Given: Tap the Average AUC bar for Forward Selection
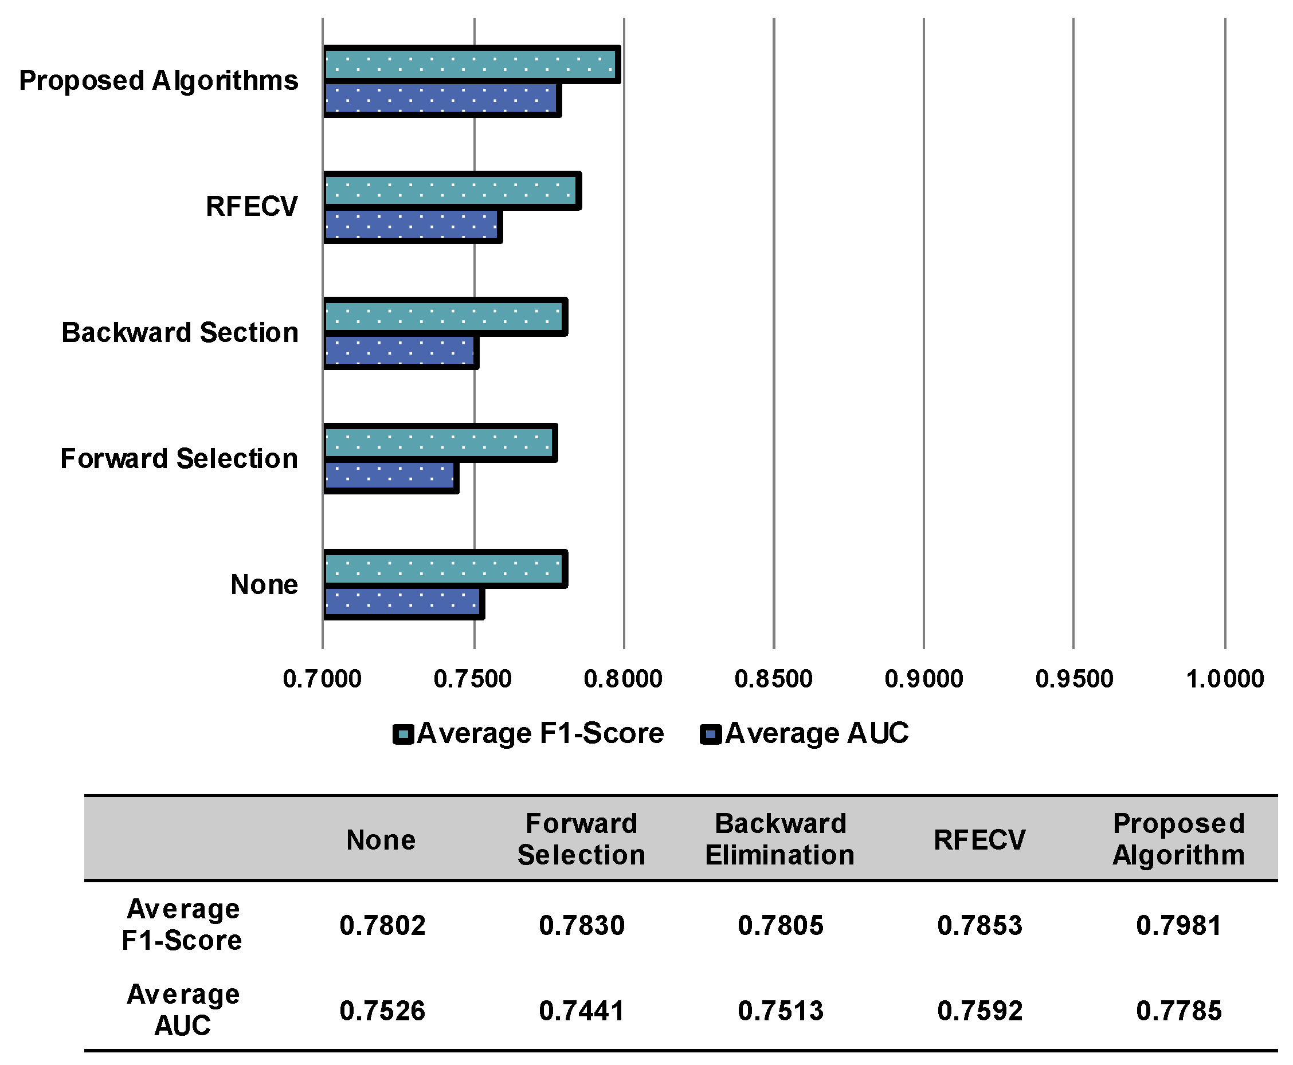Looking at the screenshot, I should click(390, 476).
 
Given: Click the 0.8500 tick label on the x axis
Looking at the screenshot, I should click(773, 679).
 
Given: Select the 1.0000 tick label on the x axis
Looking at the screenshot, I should click(1224, 679).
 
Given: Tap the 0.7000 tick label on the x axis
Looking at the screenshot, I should click(322, 679).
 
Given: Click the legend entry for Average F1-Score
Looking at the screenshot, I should click(529, 734).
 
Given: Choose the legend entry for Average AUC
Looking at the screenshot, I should click(805, 734).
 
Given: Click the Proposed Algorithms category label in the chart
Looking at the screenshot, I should click(158, 80).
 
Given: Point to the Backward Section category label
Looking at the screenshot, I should click(180, 332).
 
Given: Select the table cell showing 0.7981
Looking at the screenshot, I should click(1178, 925).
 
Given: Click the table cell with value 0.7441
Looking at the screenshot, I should click(581, 1011).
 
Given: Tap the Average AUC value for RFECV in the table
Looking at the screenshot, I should click(979, 1011).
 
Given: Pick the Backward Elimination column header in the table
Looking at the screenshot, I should click(779, 839).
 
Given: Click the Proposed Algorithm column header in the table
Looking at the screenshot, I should click(1178, 839).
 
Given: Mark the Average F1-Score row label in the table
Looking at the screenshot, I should click(182, 925).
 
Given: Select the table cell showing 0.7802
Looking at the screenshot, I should click(382, 925).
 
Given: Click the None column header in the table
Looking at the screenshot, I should click(381, 840).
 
